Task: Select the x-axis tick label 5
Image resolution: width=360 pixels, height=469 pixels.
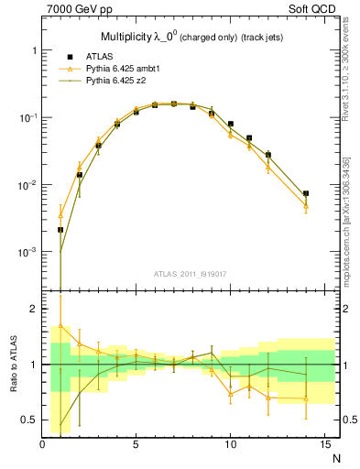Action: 136,445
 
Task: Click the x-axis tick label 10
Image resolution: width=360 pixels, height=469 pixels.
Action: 230,445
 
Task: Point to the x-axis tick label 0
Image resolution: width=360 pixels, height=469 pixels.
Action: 43,445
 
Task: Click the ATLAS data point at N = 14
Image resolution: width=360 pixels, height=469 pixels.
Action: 305,193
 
